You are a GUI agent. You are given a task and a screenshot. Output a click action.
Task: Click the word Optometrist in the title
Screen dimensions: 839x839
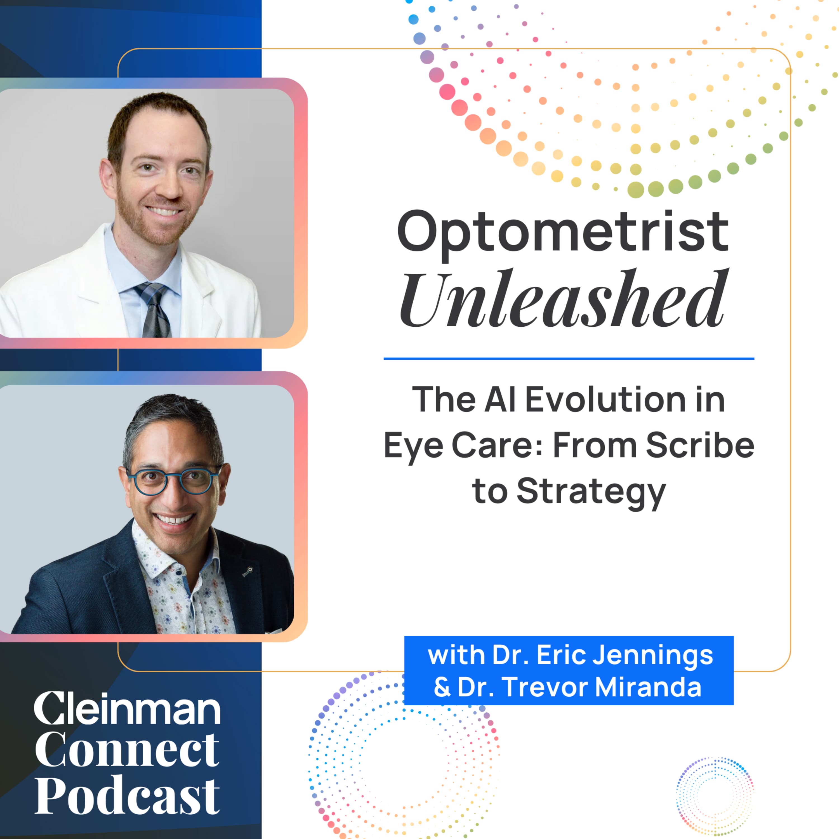point(562,232)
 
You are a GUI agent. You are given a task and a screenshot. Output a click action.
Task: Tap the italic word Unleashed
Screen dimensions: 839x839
point(562,300)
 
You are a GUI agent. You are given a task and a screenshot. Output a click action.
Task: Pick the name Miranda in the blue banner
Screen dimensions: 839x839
point(648,687)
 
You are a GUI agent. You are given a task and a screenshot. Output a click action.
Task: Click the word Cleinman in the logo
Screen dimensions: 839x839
point(127,710)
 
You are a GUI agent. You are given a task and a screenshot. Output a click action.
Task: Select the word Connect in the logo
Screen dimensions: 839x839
point(127,750)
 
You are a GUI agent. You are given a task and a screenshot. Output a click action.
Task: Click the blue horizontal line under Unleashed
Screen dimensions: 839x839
point(569,359)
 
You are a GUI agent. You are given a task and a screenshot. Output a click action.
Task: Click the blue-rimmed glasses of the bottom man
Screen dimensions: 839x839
point(174,481)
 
